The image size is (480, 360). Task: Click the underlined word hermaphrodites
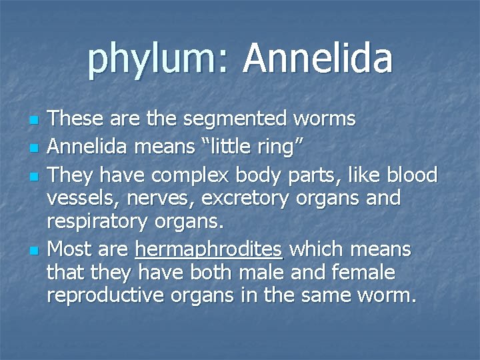pos(209,250)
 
